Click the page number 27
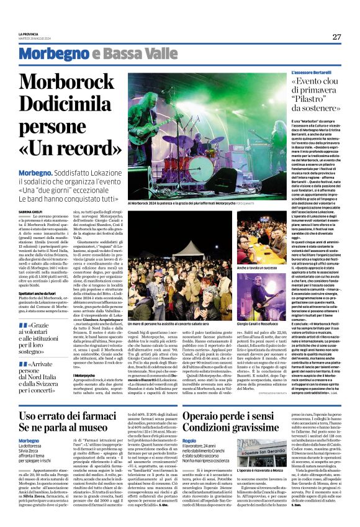click(x=336, y=37)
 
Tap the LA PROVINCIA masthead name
click(x=29, y=34)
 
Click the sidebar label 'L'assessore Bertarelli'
click(x=295, y=73)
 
